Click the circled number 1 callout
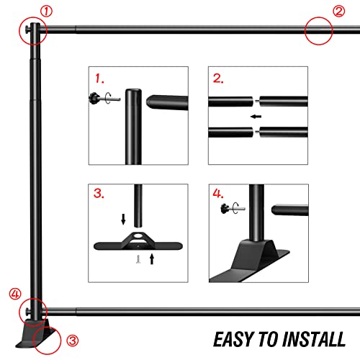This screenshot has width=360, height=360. [x=46, y=12]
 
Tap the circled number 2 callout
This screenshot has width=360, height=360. [x=339, y=12]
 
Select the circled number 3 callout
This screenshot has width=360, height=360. [x=72, y=341]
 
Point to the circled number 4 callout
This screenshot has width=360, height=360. [x=15, y=294]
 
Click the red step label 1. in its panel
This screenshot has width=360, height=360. [x=99, y=78]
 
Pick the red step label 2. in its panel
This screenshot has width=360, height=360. [x=218, y=78]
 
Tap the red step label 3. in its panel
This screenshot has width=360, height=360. [x=99, y=193]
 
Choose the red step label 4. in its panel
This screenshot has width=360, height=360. [x=218, y=193]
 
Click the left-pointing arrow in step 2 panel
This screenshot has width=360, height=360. [x=256, y=117]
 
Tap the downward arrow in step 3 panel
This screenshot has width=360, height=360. [x=123, y=220]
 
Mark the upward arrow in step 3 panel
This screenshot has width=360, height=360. [x=152, y=259]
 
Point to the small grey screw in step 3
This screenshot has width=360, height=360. [x=138, y=259]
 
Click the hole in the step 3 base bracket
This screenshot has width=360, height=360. [x=138, y=236]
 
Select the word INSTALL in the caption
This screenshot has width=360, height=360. [x=314, y=340]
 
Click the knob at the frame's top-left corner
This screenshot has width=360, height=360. [x=27, y=30]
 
